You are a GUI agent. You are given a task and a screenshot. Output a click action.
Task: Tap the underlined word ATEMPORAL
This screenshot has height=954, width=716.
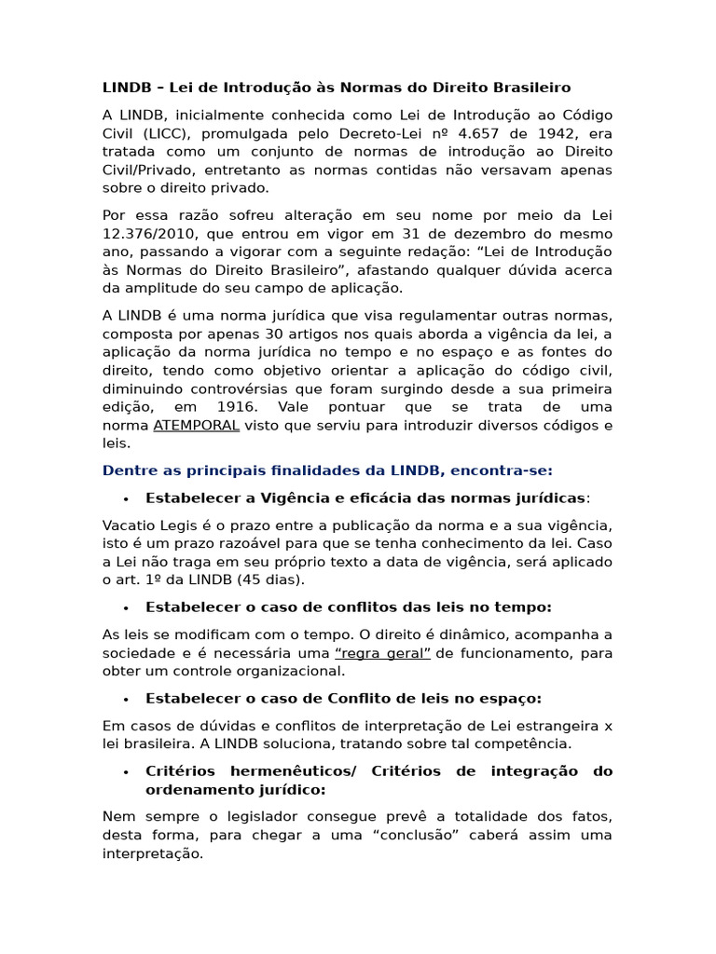coord(196,426)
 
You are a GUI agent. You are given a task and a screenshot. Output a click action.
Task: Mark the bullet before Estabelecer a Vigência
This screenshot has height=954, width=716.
coord(125,498)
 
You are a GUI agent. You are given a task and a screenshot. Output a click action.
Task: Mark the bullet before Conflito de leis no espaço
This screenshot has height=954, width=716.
coord(125,699)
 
